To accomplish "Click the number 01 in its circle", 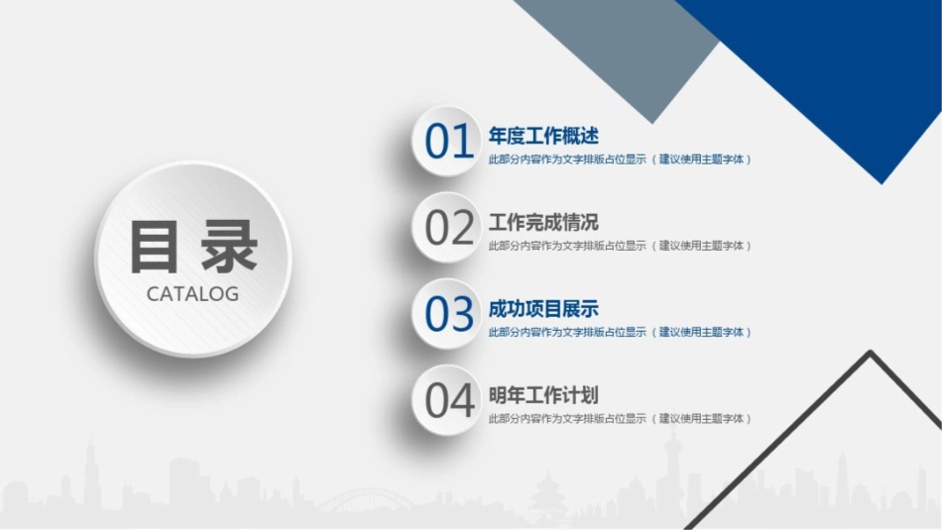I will coord(449,143).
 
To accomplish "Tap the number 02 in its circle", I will coord(449,229).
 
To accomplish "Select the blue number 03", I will coord(449,315).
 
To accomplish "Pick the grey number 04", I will coord(449,401).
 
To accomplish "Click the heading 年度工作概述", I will coord(543,136).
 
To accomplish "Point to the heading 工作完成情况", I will coord(543,222).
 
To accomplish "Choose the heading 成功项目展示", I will coord(543,308).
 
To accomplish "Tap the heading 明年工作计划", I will coord(543,394).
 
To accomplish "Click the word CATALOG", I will coord(192,294).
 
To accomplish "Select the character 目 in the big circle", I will coord(159,247).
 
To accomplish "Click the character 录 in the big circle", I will coord(227,247).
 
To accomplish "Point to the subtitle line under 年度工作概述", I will coord(620,159).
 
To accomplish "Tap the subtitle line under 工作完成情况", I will coord(620,246).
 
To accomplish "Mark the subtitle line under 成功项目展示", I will coord(620,332).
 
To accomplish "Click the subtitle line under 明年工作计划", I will coord(620,418).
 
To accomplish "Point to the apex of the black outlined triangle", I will coord(871,353).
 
